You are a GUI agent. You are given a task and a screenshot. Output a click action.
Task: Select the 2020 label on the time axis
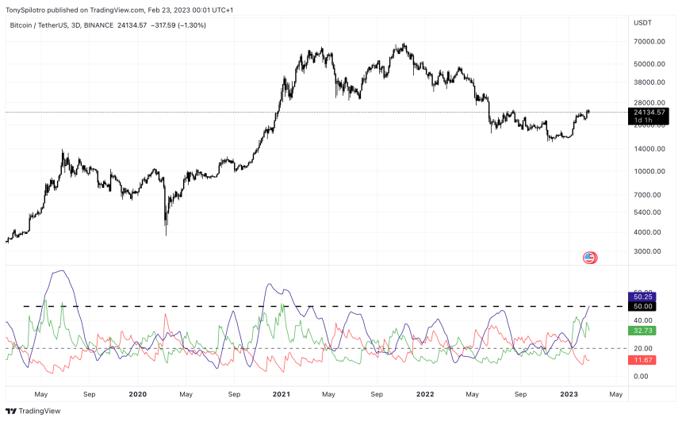(137, 394)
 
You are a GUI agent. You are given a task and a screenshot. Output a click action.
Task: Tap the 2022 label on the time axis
(426, 394)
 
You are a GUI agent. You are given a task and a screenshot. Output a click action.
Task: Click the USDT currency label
(642, 21)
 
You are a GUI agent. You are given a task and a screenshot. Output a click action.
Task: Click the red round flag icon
(589, 257)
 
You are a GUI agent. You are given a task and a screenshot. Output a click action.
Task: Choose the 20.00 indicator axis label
(642, 349)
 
